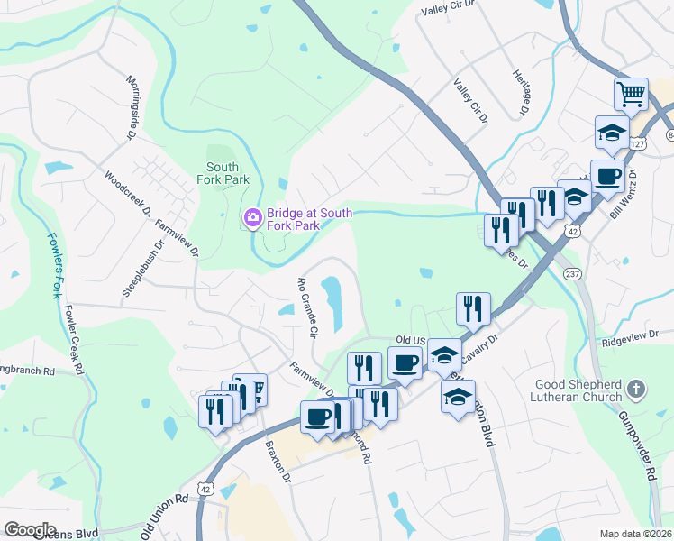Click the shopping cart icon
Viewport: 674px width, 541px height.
coord(632,94)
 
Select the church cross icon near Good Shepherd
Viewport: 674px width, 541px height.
coord(637,390)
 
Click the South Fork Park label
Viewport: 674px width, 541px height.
coord(223,173)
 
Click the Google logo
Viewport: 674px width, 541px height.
coord(30,530)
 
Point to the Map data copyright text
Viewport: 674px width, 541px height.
coord(635,534)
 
